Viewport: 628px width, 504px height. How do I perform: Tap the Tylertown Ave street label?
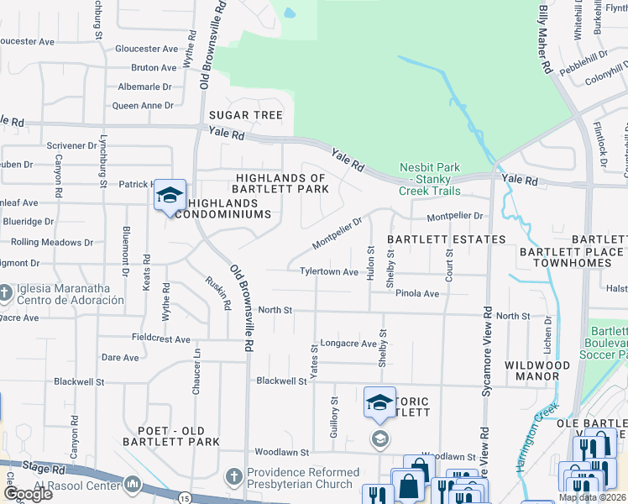tap(329, 272)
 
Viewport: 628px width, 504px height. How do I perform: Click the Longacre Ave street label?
tap(348, 344)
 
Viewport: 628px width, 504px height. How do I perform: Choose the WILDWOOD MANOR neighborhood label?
tap(538, 370)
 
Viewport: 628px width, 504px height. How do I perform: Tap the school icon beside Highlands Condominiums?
tap(170, 195)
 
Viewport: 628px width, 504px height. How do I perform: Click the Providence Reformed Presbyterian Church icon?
tap(235, 477)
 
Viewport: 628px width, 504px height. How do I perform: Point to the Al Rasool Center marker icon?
tap(133, 484)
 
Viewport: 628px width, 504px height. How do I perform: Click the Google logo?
tap(27, 494)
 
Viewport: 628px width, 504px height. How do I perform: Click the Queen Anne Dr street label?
tap(142, 106)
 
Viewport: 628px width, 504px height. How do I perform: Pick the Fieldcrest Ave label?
tap(161, 339)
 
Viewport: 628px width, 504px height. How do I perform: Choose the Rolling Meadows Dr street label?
tap(52, 242)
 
